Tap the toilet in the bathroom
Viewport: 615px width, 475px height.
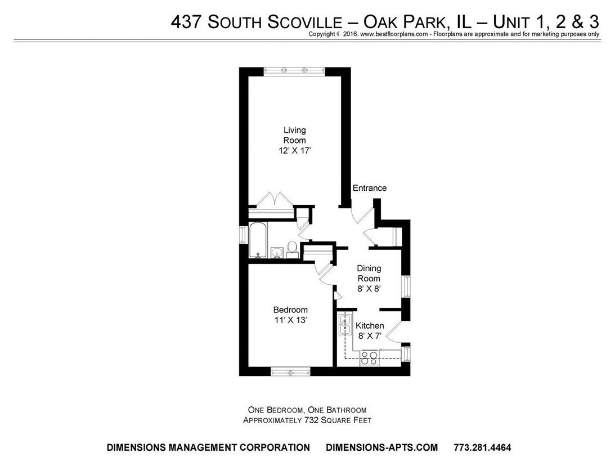(292, 248)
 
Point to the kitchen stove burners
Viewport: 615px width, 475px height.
(369, 358)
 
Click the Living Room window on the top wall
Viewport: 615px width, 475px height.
(294, 70)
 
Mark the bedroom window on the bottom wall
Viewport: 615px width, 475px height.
(290, 371)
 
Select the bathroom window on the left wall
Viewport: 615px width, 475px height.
(243, 235)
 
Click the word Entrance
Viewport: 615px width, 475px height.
(369, 188)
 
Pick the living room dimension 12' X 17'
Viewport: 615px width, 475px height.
(294, 150)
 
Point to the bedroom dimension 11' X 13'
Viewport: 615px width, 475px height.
(290, 320)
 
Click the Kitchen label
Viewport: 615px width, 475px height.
(370, 326)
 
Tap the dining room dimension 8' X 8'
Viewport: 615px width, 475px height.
(369, 289)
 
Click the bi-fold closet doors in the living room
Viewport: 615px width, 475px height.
(272, 200)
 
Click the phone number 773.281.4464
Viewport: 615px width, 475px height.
(482, 448)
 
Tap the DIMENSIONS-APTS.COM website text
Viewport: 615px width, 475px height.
(381, 448)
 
